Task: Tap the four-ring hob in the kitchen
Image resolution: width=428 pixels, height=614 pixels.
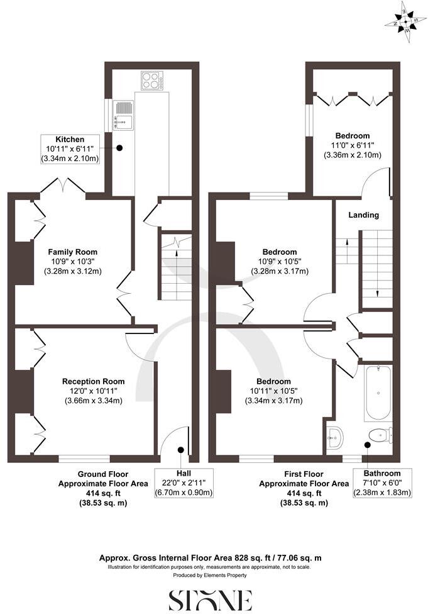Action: (151, 81)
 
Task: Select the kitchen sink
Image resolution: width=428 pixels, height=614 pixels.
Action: (124, 115)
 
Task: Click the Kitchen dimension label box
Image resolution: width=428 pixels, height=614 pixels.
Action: (70, 149)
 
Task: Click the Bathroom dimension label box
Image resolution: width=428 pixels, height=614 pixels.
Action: (383, 483)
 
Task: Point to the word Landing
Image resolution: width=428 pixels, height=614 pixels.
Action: (364, 215)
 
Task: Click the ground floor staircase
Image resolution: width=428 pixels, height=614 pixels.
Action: (175, 267)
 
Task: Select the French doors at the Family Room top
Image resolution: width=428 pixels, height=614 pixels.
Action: (64, 186)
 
